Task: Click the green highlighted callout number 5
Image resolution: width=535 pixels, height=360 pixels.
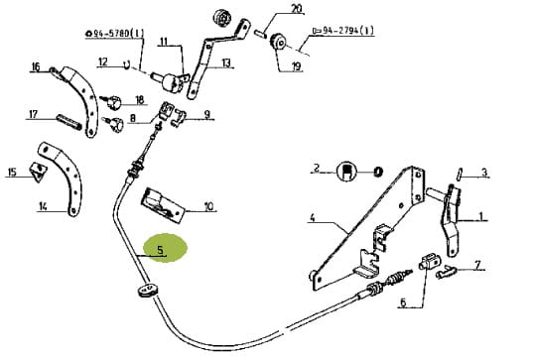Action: coord(161,250)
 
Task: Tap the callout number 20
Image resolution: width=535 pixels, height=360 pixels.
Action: coord(297,8)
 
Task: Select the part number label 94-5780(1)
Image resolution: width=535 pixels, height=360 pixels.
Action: coord(115,34)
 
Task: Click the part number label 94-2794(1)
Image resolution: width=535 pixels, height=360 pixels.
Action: coord(343,31)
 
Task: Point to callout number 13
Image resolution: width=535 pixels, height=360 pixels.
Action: coord(226,62)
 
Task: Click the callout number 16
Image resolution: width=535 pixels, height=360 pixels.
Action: coord(36,66)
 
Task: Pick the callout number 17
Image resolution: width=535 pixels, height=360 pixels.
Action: coord(33,114)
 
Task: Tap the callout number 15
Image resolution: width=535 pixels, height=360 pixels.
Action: coord(12,172)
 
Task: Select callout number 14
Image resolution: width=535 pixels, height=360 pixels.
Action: coord(43,206)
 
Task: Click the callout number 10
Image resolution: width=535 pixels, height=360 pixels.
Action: coord(208,206)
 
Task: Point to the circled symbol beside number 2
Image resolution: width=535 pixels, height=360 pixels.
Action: coord(346,172)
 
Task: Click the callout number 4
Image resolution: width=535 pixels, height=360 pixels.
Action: coord(312,217)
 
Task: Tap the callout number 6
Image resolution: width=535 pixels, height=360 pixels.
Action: coord(403,302)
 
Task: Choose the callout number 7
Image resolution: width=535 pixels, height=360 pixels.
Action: coord(477,264)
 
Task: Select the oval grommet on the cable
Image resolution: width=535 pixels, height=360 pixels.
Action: coord(148,290)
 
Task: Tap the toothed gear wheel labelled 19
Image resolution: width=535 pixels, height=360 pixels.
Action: coord(279,44)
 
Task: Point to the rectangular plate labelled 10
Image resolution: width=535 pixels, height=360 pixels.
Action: coord(162,205)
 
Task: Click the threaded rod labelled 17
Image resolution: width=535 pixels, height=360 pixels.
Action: coord(69,122)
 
